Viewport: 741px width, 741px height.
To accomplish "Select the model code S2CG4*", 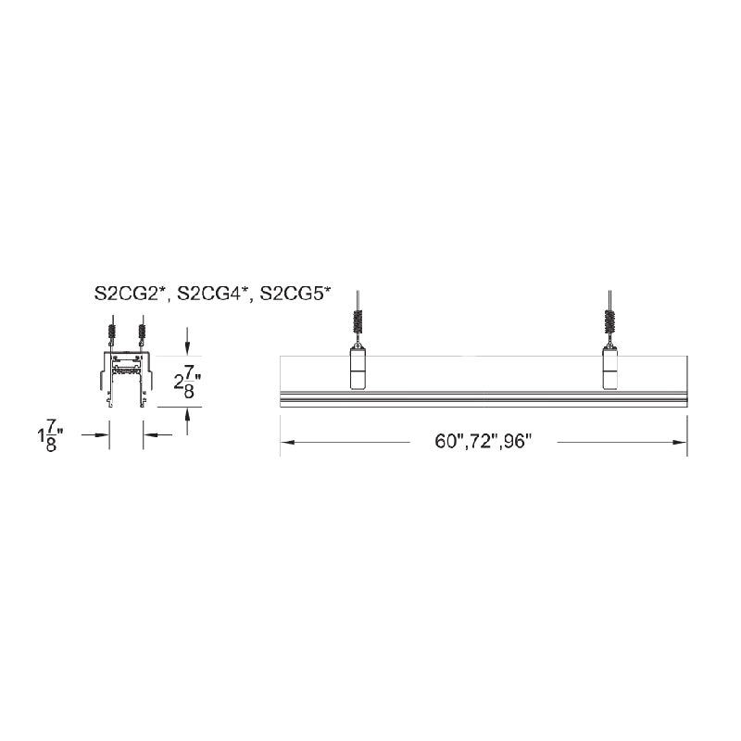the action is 212,294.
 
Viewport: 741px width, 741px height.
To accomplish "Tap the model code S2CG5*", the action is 295,294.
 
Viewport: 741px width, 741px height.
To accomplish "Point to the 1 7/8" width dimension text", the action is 51,434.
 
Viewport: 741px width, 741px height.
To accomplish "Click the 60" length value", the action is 446,442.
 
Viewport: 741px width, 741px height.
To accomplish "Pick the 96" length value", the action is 517,442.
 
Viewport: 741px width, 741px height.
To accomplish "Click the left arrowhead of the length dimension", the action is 288,443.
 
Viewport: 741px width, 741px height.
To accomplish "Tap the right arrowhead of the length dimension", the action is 680,443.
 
